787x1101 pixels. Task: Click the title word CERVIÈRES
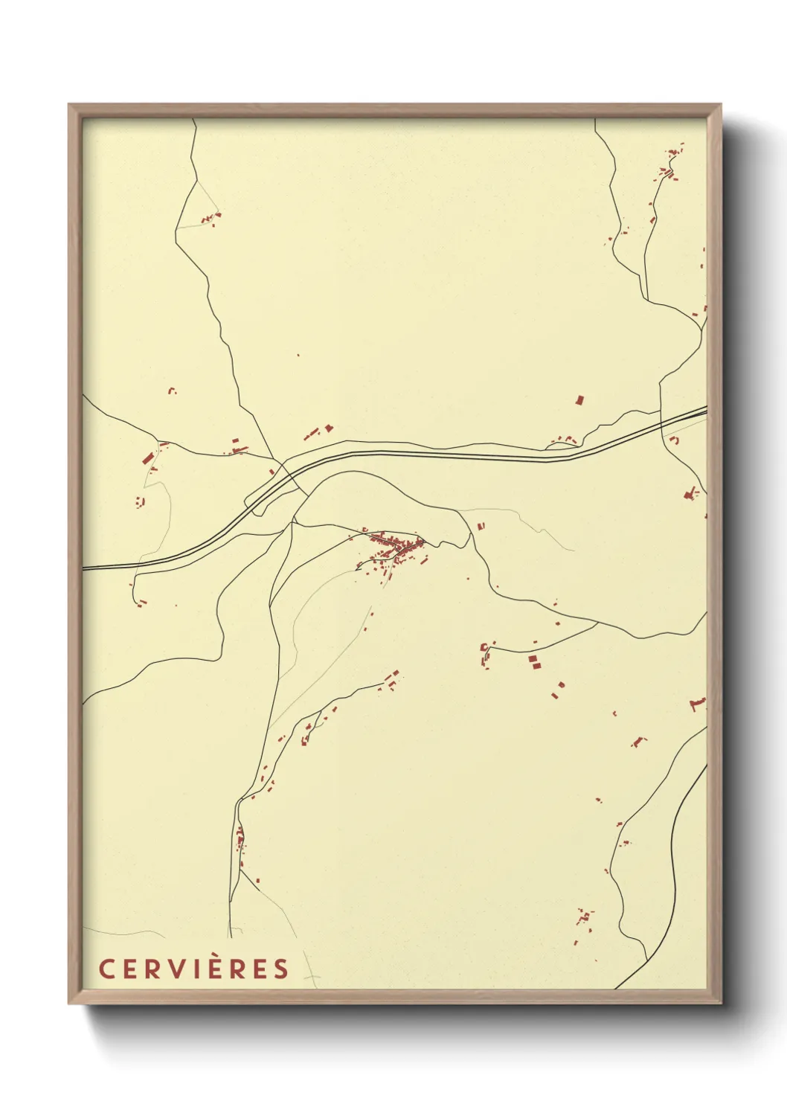point(193,969)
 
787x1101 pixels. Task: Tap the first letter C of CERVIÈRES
point(106,969)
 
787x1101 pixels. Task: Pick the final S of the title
point(280,969)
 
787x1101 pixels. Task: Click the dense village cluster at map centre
point(394,549)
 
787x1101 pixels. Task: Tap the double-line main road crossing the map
point(446,454)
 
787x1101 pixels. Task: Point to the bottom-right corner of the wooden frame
point(720,1002)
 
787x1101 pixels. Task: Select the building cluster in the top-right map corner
point(668,170)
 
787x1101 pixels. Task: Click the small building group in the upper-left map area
point(211,219)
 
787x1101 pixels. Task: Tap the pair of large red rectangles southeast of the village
point(533,662)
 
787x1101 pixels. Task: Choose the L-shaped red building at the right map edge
point(697,703)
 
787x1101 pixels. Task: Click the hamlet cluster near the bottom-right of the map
point(584,919)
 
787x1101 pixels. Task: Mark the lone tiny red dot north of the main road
point(298,355)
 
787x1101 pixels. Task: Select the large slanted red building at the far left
point(147,457)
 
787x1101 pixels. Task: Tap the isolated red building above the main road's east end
point(579,400)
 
